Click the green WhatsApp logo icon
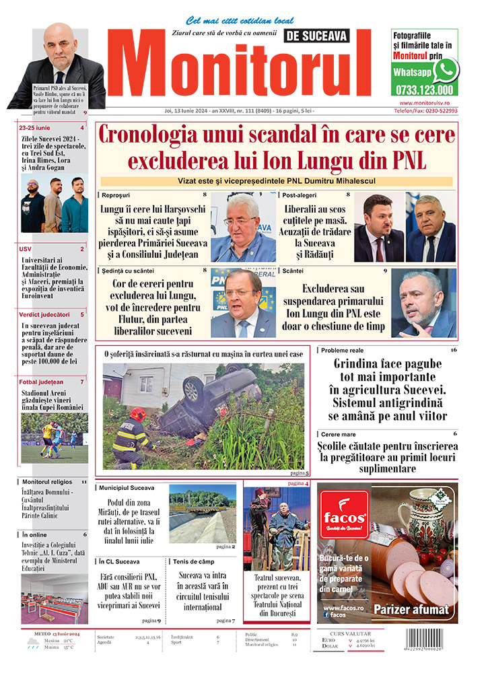point(446,69)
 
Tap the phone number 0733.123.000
point(424,89)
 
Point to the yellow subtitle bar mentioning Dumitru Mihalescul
point(276,181)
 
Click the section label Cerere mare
point(339,434)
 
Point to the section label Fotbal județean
point(42,382)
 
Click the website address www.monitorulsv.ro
point(424,102)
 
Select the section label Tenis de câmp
point(196,561)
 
